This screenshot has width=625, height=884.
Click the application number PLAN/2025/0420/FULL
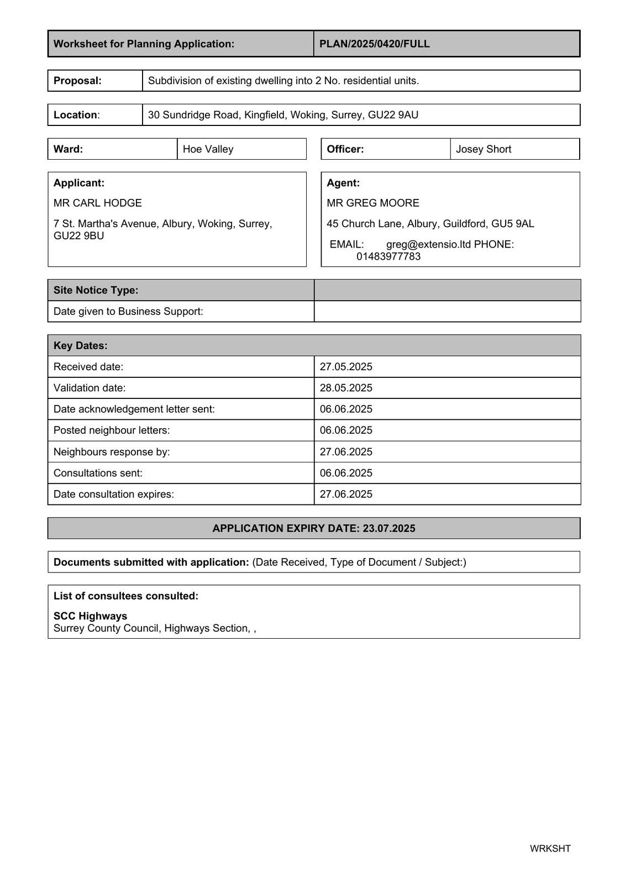pyautogui.click(x=374, y=44)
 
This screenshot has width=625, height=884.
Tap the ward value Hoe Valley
pyautogui.click(x=208, y=149)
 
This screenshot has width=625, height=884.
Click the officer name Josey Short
pyautogui.click(x=483, y=149)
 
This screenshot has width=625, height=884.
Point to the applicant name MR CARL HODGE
pyautogui.click(x=97, y=203)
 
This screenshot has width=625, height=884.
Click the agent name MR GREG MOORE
pyautogui.click(x=372, y=203)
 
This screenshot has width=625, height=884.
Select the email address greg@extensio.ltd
pyautogui.click(x=428, y=244)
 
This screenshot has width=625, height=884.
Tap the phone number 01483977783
pyautogui.click(x=388, y=256)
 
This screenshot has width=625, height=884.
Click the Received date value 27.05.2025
pyautogui.click(x=346, y=367)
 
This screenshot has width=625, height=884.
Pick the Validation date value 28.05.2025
pyautogui.click(x=346, y=388)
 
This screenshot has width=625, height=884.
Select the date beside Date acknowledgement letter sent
pyautogui.click(x=346, y=409)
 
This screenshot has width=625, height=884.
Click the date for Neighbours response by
pyautogui.click(x=346, y=452)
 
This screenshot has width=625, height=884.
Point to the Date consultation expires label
pyautogui.click(x=113, y=494)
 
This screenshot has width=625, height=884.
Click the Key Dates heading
pyautogui.click(x=81, y=345)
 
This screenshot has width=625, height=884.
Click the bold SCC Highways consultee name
pyautogui.click(x=90, y=616)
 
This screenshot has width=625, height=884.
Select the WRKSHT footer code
pyautogui.click(x=550, y=849)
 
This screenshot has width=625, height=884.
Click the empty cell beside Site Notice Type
pyautogui.click(x=447, y=290)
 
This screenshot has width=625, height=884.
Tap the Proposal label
pyautogui.click(x=77, y=81)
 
